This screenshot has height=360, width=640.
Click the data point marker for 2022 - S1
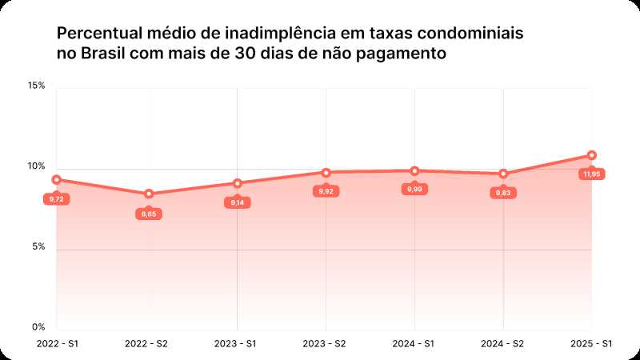[x=56, y=180]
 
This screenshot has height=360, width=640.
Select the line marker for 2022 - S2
[x=148, y=194]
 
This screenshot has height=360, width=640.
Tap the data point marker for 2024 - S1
[x=414, y=170]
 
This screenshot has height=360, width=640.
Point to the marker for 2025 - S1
[x=592, y=155]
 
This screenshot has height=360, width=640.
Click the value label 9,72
[x=57, y=198]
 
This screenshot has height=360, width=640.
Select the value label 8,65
[x=149, y=214]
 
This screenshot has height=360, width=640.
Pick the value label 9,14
[x=238, y=202]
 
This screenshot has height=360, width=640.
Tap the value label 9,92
[x=326, y=192]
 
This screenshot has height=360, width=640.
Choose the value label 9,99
[x=414, y=189]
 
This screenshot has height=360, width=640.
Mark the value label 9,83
[x=503, y=193]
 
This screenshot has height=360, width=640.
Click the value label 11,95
[x=592, y=174]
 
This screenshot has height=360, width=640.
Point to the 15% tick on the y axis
[x=38, y=85]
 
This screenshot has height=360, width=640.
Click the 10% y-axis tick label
[x=38, y=166]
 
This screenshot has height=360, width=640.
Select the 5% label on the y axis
[x=39, y=246]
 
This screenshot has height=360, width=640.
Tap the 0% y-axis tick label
[x=39, y=326]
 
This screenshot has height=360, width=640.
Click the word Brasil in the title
[x=104, y=54]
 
